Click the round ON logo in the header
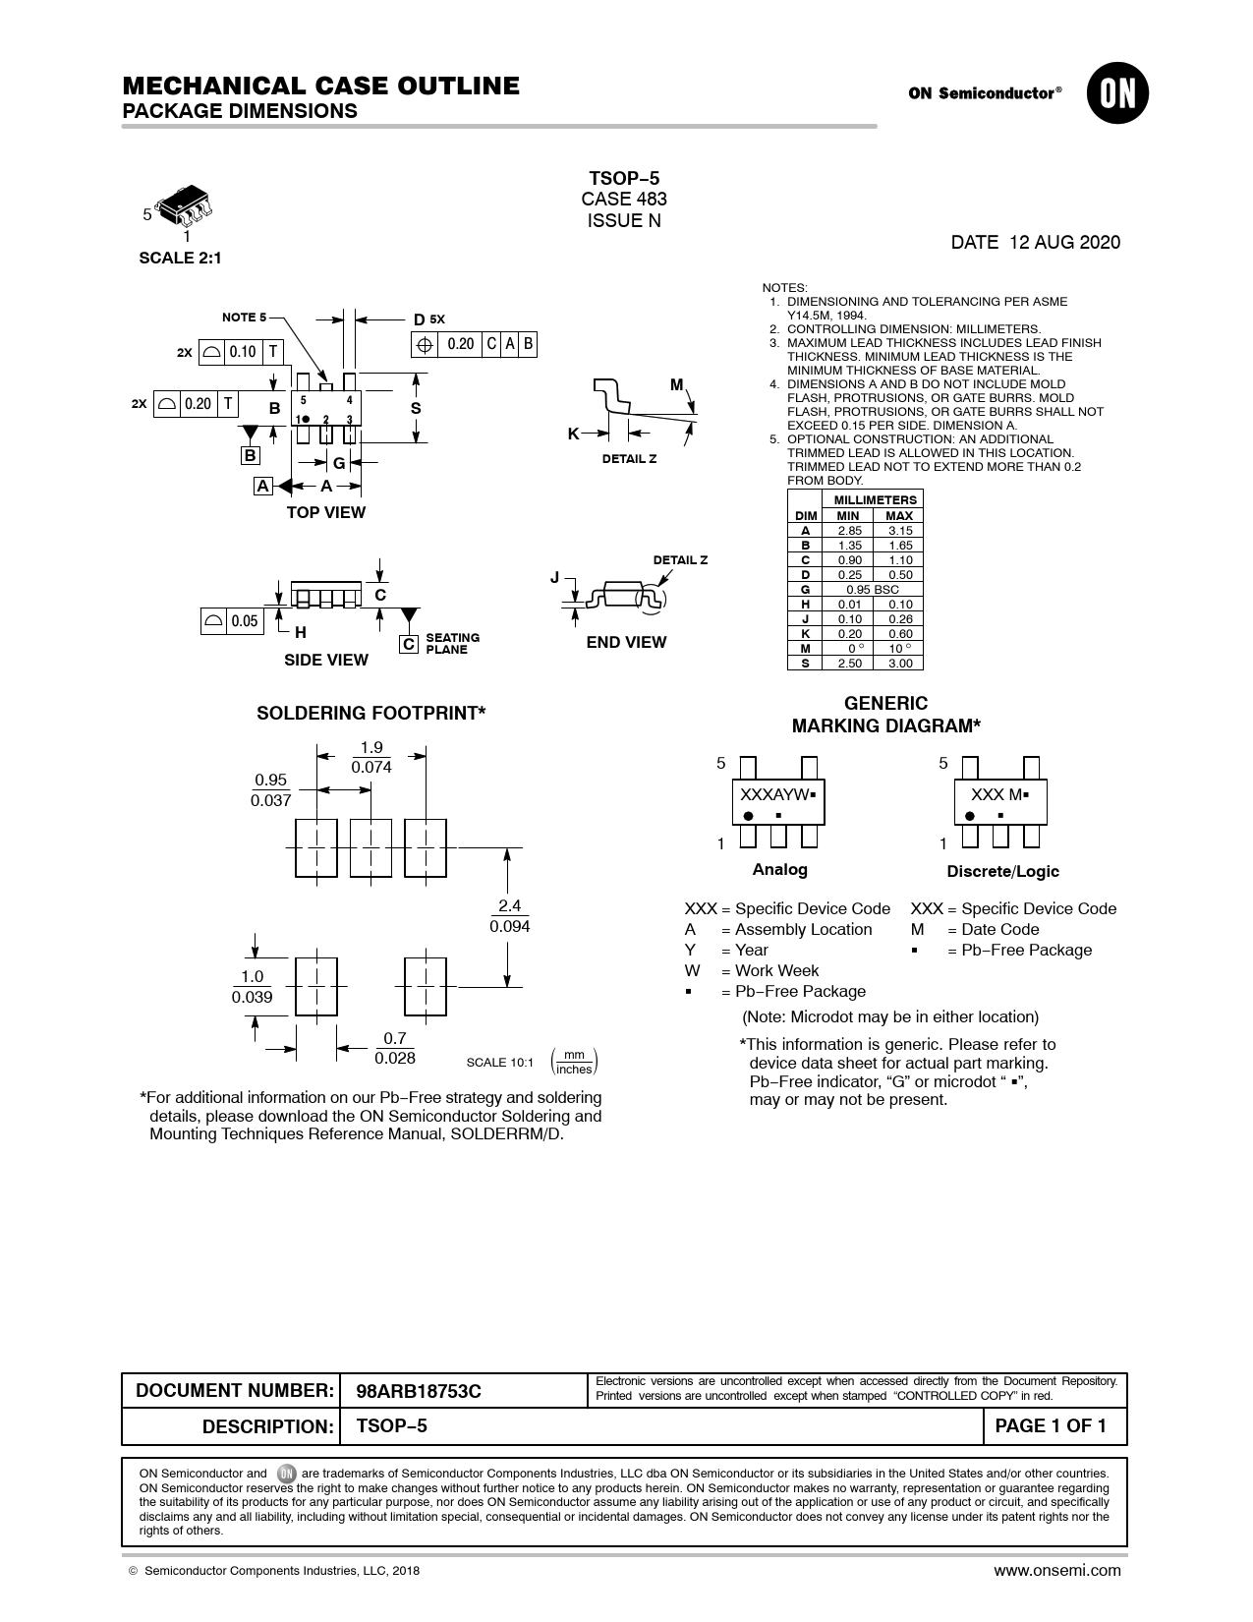pos(1117,93)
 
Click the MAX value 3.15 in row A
pos(900,531)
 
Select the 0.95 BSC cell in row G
pos(873,590)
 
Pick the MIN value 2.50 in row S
pos(849,663)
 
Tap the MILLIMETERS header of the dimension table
pos(875,500)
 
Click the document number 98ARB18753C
pos(419,1391)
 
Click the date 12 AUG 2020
pos(1064,243)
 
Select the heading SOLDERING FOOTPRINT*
pos(370,713)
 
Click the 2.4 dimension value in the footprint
pos(510,905)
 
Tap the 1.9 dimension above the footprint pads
pos(371,747)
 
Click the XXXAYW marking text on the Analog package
pos(774,795)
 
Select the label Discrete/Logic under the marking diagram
pos(1003,871)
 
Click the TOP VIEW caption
pos(326,513)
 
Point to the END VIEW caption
pos(626,642)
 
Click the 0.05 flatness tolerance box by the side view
pos(232,621)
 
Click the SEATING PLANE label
pos(452,644)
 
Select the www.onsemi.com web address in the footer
pos(1056,1571)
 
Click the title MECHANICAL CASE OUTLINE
pos(321,86)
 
